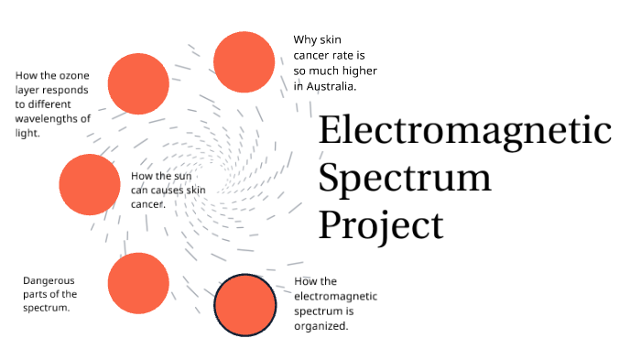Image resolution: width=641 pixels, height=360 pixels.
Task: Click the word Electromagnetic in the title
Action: [x=464, y=131]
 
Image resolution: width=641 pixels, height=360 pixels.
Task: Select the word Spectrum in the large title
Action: [x=405, y=176]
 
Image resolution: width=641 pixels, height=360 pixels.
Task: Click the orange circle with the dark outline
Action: [x=244, y=304]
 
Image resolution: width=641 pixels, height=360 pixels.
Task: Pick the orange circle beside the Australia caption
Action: [x=244, y=61]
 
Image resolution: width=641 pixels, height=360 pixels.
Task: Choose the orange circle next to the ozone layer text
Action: [x=138, y=83]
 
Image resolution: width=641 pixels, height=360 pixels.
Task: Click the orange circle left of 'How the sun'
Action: [x=89, y=184]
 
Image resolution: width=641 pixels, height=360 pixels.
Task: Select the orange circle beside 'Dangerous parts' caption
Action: [x=138, y=283]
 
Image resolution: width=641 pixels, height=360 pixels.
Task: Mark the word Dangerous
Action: [x=49, y=280]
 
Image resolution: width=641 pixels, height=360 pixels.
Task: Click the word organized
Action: [x=321, y=326]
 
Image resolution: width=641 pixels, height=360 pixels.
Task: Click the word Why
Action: [x=304, y=39]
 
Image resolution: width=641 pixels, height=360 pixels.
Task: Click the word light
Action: [x=27, y=134]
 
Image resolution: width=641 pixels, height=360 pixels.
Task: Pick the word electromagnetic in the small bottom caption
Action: [x=335, y=297]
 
